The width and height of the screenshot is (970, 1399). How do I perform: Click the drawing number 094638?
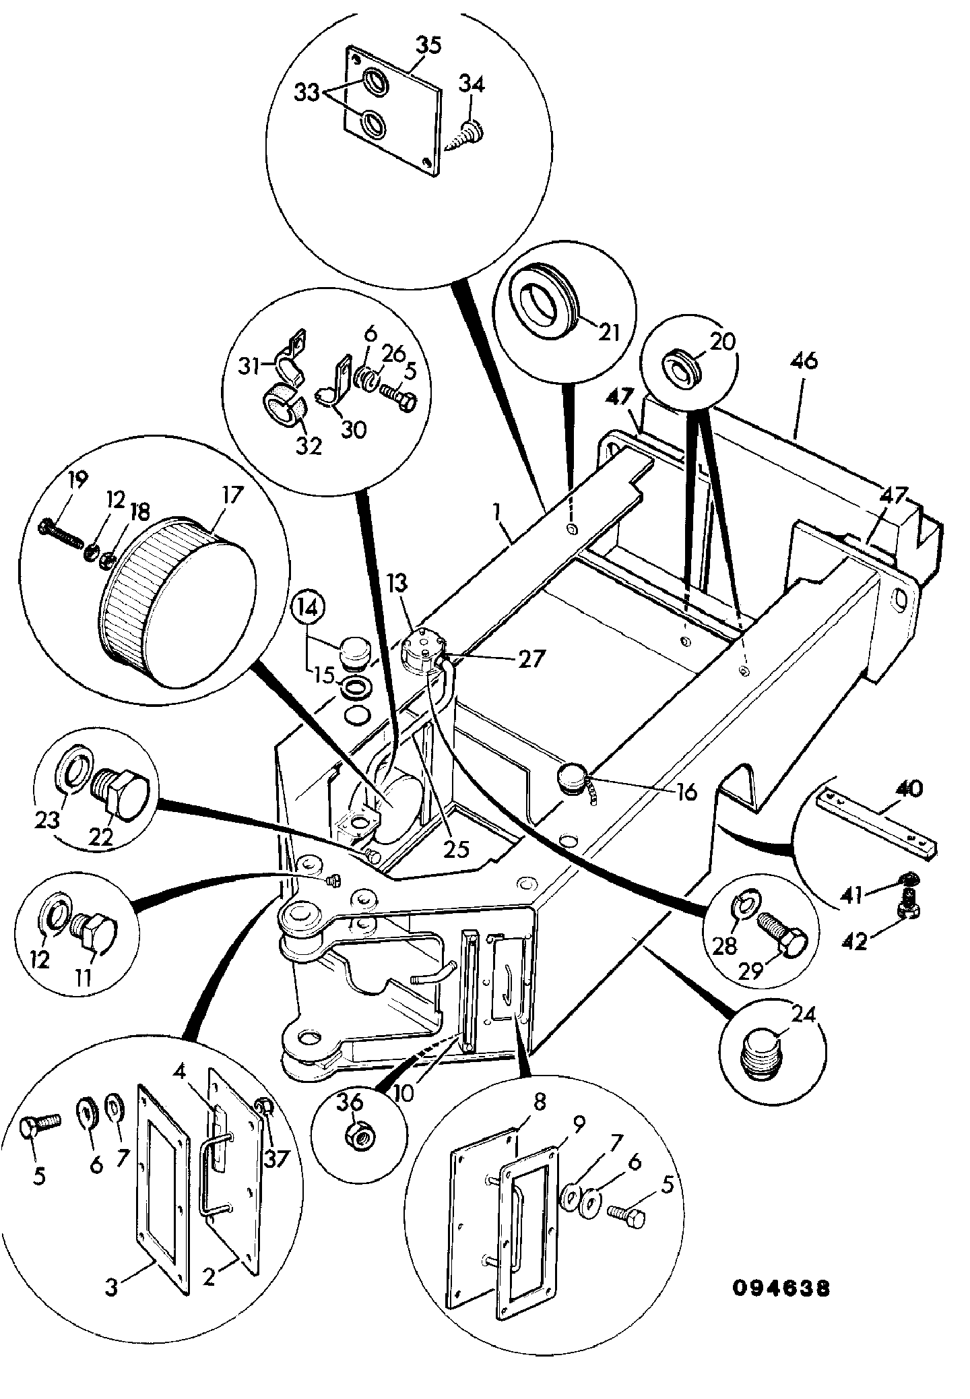[781, 1288]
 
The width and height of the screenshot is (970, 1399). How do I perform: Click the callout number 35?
[429, 46]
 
